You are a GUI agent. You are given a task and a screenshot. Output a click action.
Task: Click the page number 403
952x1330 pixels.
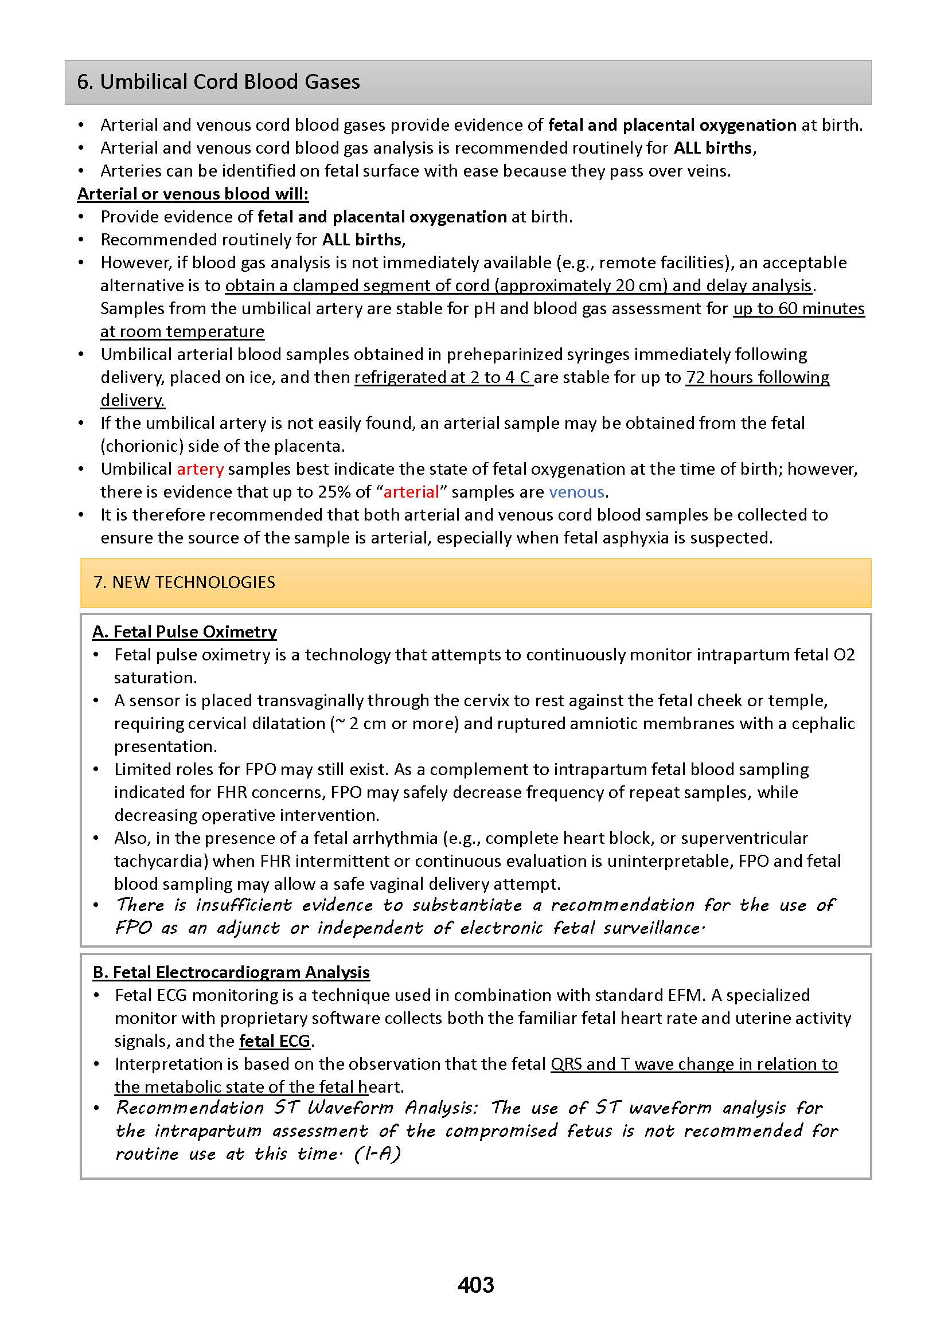coord(475,1284)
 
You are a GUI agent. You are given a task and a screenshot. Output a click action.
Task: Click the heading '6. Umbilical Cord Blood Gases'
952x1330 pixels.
coord(218,82)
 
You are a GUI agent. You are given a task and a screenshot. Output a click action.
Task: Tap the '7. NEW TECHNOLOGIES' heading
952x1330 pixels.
coord(184,582)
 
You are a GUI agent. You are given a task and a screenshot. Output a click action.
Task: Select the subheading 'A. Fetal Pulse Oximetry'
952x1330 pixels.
coord(184,632)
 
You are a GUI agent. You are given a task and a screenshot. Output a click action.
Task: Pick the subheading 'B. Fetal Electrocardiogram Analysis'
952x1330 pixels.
coord(231,972)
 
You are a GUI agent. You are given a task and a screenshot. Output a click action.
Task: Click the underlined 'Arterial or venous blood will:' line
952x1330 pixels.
coord(193,194)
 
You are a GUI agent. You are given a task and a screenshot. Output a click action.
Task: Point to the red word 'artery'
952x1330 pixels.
coord(200,470)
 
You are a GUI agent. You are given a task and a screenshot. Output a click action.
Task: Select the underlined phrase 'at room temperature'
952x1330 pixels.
coord(182,331)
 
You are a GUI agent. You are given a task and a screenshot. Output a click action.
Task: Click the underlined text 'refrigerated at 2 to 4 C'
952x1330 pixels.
coord(443,377)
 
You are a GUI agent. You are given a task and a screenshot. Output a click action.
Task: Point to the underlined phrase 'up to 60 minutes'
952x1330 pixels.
coord(798,309)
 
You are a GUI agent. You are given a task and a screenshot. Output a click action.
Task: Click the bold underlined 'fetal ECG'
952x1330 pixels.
coord(274,1041)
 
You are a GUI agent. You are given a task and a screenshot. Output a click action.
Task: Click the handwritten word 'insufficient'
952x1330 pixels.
coord(243,905)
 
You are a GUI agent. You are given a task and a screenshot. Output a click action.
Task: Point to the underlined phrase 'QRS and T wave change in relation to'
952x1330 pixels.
coord(693,1064)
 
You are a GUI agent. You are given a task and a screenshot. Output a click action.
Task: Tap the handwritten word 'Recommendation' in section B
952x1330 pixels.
coord(190,1108)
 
